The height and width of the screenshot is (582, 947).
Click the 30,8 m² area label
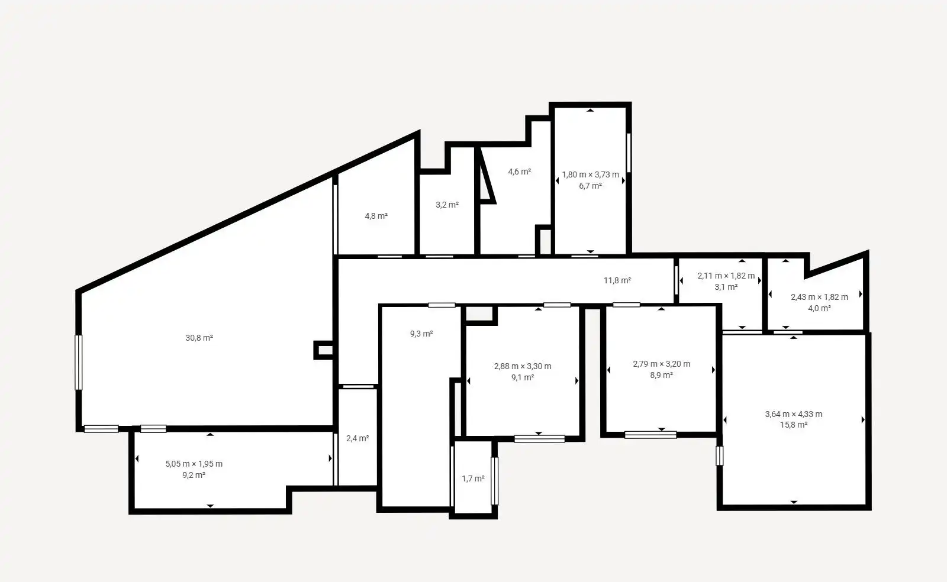[199, 338]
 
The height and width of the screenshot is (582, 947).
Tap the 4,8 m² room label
[376, 216]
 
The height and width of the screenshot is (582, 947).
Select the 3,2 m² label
[447, 205]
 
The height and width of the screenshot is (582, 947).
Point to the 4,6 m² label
[520, 172]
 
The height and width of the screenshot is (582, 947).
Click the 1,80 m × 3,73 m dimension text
[591, 175]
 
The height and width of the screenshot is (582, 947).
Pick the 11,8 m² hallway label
[617, 280]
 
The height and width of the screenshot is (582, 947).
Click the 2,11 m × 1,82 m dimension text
[726, 276]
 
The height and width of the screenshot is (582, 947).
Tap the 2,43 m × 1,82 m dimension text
[819, 298]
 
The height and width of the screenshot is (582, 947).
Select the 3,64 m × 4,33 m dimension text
[794, 415]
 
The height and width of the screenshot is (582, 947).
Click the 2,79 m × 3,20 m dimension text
[662, 364]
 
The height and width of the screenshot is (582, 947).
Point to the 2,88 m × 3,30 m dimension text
[523, 366]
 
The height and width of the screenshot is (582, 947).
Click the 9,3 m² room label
[421, 334]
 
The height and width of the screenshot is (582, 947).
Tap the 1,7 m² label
[473, 479]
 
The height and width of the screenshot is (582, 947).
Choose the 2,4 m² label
[357, 439]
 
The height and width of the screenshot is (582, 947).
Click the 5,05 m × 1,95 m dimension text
[194, 464]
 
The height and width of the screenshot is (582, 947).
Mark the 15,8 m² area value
[794, 425]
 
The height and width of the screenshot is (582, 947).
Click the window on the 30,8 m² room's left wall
[79, 363]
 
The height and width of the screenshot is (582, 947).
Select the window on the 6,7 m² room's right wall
[629, 153]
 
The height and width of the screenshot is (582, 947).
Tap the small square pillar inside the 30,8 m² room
[324, 350]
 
